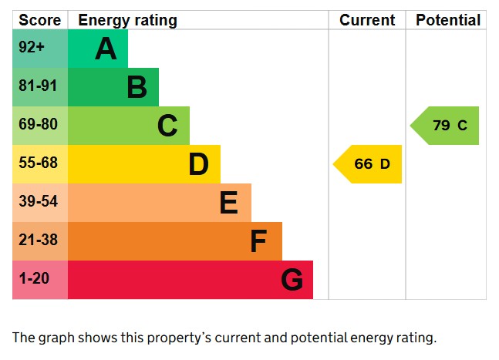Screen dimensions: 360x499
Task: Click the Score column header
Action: pos(39,20)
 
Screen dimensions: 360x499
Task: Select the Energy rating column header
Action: pos(127,20)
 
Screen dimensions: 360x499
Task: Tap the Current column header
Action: pos(367,20)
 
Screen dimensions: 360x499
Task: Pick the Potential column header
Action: pos(447,20)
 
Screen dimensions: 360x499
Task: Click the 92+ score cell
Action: pos(33,48)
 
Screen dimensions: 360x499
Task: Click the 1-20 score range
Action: pos(34,279)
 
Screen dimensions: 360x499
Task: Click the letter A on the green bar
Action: pos(106,49)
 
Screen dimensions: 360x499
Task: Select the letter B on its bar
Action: pos(137,88)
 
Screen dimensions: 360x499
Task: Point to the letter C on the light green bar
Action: pos(167,126)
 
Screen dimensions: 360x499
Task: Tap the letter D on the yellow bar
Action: pos(198,164)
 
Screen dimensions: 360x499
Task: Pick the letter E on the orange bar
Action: pos(228,203)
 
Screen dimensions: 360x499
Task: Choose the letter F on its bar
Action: pos(258,242)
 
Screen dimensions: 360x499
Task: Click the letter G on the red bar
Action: pos(292,281)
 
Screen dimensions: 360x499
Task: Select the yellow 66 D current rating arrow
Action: pos(369,164)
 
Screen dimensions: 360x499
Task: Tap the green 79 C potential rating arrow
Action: pos(447,126)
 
